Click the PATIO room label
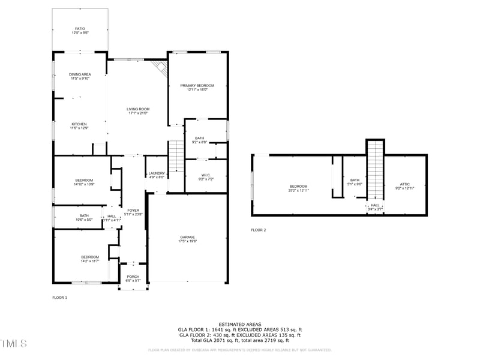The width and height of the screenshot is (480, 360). pyautogui.click(x=80, y=28)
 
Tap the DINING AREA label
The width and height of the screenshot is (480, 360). pyautogui.click(x=80, y=74)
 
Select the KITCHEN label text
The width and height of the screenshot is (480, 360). pyautogui.click(x=80, y=124)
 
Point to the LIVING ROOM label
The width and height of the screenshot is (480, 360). pyautogui.click(x=137, y=109)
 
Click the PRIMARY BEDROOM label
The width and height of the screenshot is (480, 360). pyautogui.click(x=197, y=85)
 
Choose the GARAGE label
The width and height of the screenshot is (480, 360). pyautogui.click(x=187, y=237)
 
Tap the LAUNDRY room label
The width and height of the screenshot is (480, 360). pyautogui.click(x=157, y=173)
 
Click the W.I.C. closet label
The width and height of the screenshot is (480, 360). pyautogui.click(x=206, y=175)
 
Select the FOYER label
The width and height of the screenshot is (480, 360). pyautogui.click(x=133, y=210)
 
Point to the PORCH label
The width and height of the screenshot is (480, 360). pyautogui.click(x=133, y=277)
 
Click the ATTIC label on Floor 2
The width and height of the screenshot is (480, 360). pyautogui.click(x=406, y=184)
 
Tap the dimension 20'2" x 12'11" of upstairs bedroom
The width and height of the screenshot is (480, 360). pyautogui.click(x=299, y=190)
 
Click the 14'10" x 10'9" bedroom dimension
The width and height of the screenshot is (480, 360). pyautogui.click(x=84, y=184)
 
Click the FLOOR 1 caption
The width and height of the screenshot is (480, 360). pyautogui.click(x=59, y=298)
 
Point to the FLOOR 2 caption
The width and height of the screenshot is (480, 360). pyautogui.click(x=258, y=230)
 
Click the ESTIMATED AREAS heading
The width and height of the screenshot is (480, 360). pyautogui.click(x=239, y=324)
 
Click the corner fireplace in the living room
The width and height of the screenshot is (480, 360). pyautogui.click(x=160, y=67)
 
